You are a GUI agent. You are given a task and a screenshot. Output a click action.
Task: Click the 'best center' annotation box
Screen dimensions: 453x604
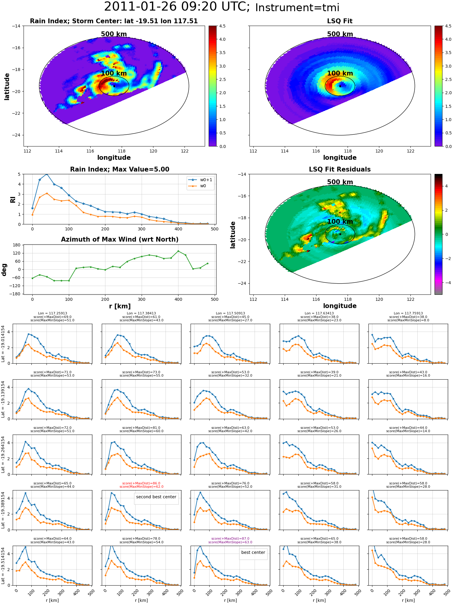253,552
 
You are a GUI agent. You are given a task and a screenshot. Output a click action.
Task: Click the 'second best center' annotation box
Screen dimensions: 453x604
156,497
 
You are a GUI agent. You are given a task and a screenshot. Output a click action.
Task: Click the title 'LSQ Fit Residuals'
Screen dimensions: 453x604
340,169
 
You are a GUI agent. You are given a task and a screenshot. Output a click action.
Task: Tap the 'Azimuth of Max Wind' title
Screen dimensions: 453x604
120,239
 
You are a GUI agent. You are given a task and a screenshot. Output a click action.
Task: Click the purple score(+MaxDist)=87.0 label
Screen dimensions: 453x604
230,538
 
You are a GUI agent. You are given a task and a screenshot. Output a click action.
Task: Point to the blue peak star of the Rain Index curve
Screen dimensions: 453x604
47,174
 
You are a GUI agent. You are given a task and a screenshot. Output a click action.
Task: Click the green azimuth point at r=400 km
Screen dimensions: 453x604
178,251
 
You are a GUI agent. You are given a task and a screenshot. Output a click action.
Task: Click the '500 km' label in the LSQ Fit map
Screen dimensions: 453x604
340,34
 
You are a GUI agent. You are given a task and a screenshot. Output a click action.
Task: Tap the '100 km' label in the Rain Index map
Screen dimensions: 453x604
114,73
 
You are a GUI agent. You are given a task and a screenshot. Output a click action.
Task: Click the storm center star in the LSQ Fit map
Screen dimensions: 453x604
340,86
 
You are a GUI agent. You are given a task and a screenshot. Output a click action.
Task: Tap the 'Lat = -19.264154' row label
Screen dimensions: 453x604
3,455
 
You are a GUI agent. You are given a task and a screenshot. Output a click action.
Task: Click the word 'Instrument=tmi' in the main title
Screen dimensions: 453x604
297,8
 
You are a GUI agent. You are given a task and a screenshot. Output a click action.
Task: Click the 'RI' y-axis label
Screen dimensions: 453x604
13,199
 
